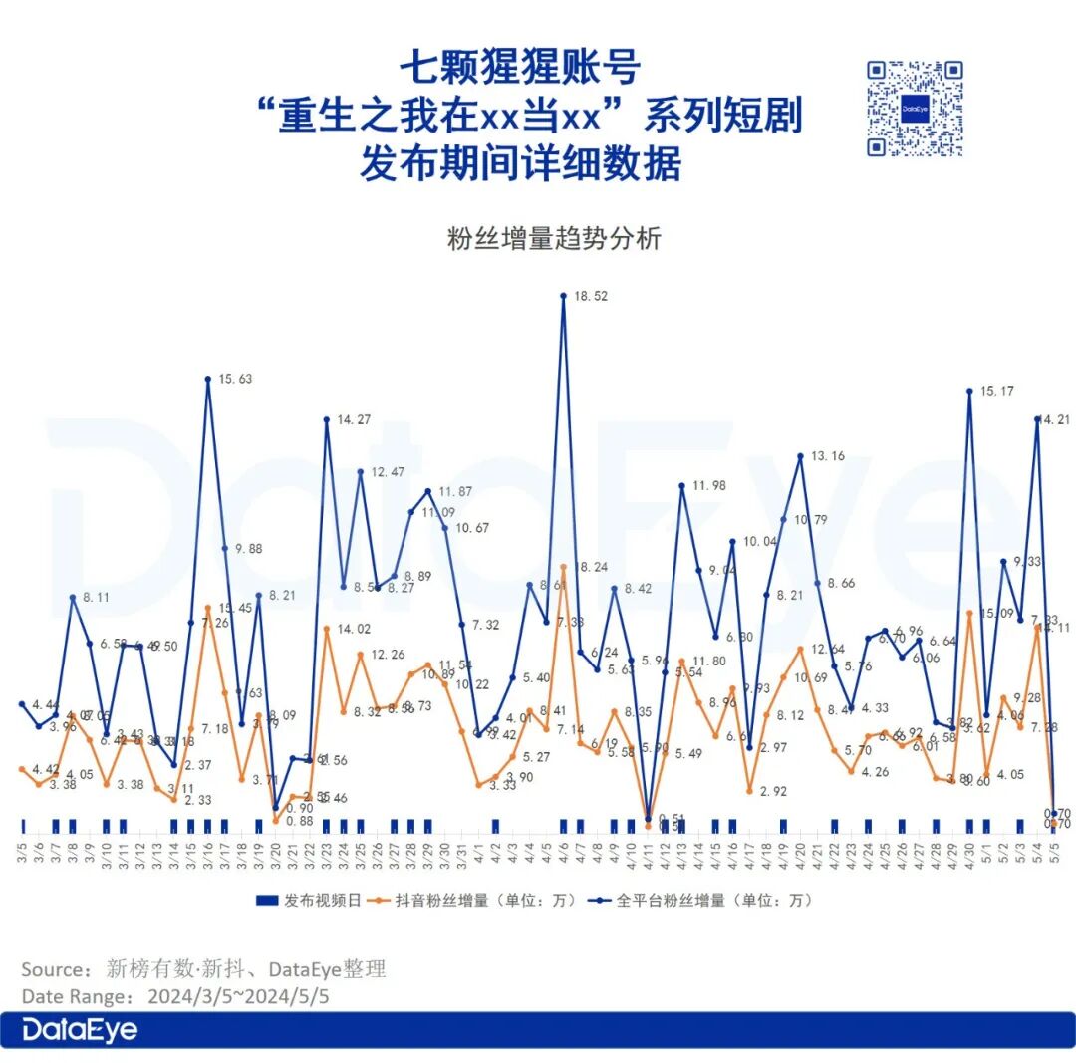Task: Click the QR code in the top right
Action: click(x=915, y=109)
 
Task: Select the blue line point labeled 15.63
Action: click(x=207, y=379)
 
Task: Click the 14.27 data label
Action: click(x=353, y=420)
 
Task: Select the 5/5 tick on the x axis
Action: click(x=1054, y=852)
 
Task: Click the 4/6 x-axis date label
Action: click(x=564, y=852)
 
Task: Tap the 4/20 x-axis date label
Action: click(x=801, y=852)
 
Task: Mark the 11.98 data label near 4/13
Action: click(x=710, y=486)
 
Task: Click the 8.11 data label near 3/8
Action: click(x=96, y=598)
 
